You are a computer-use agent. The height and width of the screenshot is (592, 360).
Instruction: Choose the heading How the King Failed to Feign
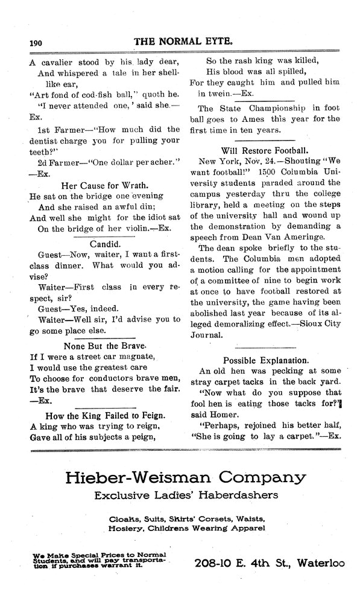[107, 415]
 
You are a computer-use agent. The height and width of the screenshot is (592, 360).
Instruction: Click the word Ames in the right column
[247, 119]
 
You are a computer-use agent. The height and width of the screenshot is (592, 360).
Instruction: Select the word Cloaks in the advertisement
[124, 518]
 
